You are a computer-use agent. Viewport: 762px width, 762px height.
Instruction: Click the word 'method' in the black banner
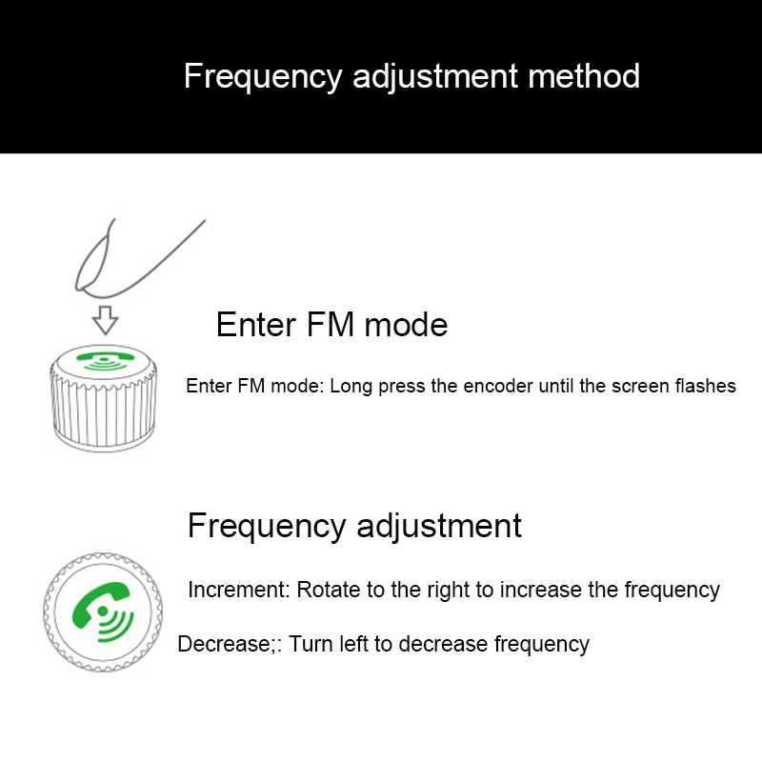click(584, 76)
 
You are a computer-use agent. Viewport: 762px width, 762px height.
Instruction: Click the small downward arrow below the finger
click(105, 320)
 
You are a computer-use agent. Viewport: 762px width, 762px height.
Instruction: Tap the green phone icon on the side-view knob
click(105, 360)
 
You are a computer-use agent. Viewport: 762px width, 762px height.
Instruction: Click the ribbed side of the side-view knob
click(104, 411)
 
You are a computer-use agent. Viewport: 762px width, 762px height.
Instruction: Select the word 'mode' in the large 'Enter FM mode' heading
click(406, 325)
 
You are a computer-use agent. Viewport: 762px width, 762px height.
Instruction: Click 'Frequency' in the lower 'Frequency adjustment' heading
click(267, 527)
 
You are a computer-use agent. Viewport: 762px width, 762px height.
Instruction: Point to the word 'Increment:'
click(239, 590)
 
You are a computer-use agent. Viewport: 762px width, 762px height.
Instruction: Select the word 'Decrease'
click(224, 644)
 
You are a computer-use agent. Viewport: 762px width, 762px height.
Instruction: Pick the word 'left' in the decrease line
click(353, 644)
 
